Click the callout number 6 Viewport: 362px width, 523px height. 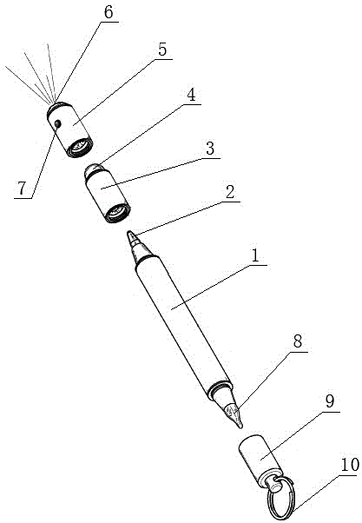point(109,12)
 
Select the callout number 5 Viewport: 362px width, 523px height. point(162,50)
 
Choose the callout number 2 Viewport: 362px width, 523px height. point(230,192)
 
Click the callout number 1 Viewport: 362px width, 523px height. point(255,255)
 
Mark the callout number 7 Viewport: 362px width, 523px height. point(22,189)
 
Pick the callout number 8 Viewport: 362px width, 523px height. point(298,341)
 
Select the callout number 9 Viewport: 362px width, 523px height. point(329,401)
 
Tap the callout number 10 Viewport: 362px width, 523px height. point(350,465)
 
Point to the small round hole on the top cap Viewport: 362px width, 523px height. point(57,124)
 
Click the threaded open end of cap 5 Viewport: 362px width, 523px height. point(80,147)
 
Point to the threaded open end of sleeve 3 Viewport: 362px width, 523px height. point(117,212)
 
